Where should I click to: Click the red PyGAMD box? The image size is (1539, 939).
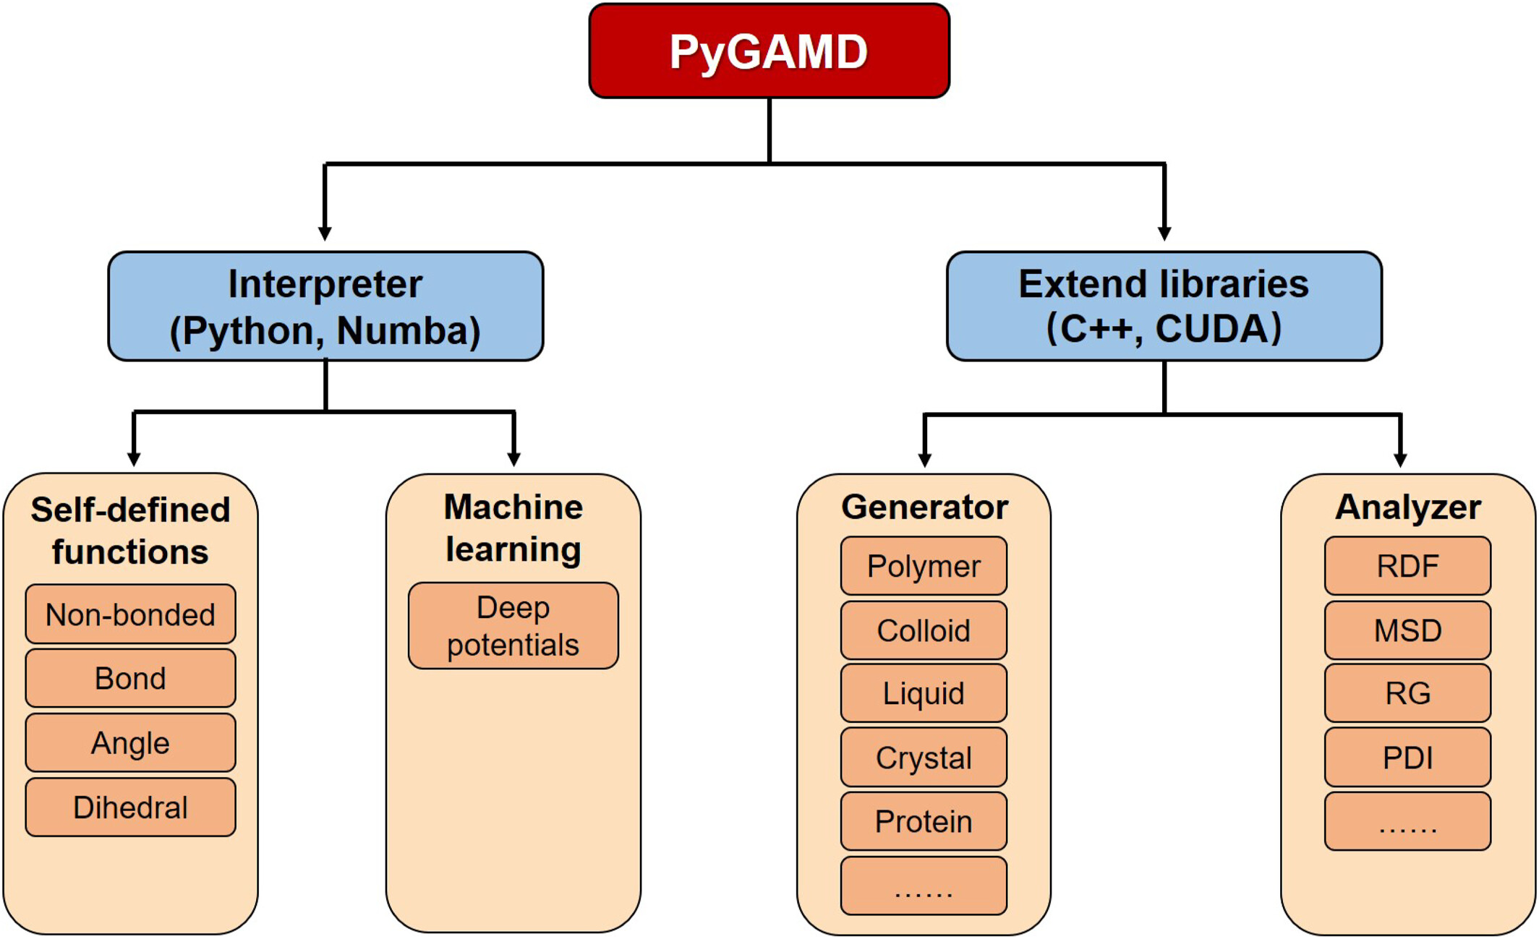(769, 51)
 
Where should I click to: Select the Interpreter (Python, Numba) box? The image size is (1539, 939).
(325, 306)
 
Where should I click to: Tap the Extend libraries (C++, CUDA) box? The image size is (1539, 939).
(1164, 306)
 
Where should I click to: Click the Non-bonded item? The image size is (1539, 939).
(130, 614)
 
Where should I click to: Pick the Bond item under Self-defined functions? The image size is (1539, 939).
(130, 678)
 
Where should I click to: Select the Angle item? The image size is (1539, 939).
(130, 742)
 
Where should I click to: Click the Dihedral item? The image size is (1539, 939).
(130, 807)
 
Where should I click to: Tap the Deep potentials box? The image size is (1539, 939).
(513, 626)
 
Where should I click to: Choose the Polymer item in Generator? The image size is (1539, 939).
(924, 566)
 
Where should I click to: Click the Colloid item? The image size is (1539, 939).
(924, 630)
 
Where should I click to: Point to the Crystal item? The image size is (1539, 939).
(924, 758)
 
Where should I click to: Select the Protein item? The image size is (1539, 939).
(924, 821)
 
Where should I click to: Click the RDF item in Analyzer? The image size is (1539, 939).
(1407, 566)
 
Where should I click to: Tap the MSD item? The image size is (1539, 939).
(1407, 630)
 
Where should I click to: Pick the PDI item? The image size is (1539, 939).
(1407, 758)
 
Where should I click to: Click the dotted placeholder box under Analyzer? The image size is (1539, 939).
(1407, 821)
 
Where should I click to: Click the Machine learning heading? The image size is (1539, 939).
(513, 528)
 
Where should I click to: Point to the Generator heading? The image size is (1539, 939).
(924, 507)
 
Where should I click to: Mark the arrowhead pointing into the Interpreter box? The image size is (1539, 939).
(325, 233)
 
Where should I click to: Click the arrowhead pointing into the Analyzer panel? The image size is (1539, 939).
(1400, 460)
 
